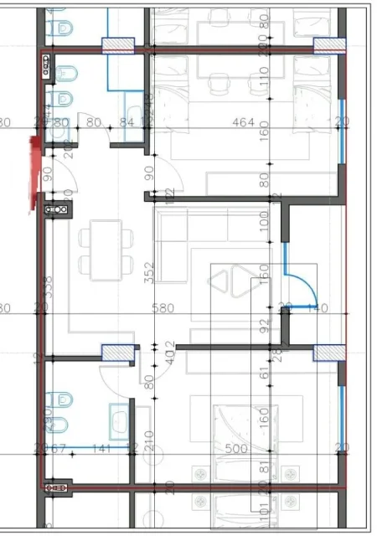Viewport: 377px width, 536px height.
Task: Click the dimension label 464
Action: point(243,123)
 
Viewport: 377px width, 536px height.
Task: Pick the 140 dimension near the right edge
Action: point(316,308)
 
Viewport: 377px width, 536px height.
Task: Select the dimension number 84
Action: point(127,123)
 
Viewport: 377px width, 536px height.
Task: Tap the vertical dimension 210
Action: point(149,440)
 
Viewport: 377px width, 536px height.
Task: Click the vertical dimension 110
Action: point(263,84)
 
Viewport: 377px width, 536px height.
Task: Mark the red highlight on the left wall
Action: point(34,172)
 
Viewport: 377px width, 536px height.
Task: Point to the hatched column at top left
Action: point(116,47)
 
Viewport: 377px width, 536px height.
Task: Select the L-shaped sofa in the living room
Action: point(180,247)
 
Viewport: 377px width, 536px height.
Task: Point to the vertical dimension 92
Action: point(263,322)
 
